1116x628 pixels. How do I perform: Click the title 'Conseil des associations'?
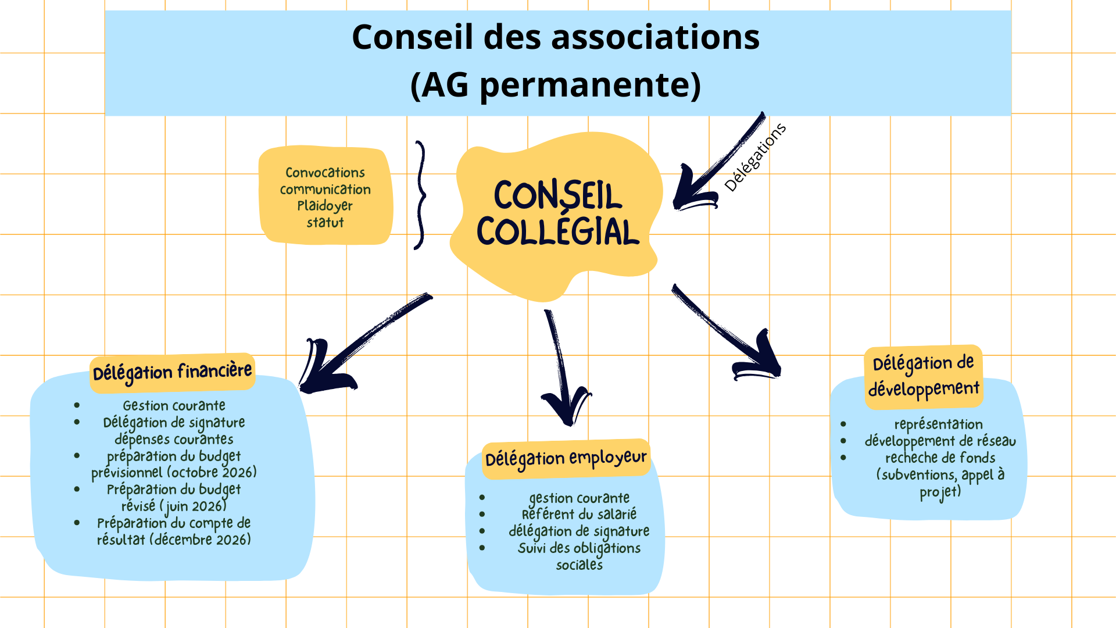click(555, 37)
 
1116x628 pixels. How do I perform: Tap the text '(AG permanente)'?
click(555, 85)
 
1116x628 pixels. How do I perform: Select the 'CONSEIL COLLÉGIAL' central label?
click(557, 213)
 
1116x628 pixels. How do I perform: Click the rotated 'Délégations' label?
click(755, 158)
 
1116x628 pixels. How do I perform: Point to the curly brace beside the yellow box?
click(420, 195)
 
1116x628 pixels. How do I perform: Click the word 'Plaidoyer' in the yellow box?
click(325, 206)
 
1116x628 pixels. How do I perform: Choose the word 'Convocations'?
click(325, 173)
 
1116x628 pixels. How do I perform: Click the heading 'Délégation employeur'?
click(566, 459)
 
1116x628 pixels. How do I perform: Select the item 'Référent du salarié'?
click(579, 515)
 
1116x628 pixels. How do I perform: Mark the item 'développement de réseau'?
click(940, 441)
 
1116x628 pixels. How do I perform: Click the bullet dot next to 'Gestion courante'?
click(77, 405)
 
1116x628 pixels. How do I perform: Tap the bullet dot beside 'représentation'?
click(843, 424)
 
